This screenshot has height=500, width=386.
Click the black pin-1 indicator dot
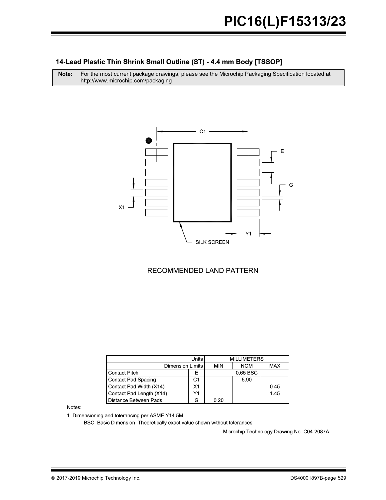click(148, 140)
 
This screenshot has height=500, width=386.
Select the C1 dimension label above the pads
click(203, 132)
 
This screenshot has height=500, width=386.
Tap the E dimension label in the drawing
click(282, 151)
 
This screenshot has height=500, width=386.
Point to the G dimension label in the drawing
click(291, 185)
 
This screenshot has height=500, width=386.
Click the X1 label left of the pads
click(121, 208)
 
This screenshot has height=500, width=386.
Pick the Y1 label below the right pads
click(248, 234)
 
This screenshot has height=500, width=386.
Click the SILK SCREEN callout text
click(212, 242)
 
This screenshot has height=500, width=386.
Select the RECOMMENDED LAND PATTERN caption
click(203, 271)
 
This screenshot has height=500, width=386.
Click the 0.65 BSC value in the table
click(246, 373)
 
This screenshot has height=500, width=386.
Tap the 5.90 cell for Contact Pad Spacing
click(246, 380)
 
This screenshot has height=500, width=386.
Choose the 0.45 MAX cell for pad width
click(275, 386)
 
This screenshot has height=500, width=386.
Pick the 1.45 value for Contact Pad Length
click(275, 393)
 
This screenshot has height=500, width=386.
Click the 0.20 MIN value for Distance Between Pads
click(218, 400)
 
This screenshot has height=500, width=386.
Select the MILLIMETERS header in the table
click(246, 359)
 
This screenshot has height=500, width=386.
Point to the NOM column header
click(246, 366)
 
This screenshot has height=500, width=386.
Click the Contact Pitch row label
click(123, 373)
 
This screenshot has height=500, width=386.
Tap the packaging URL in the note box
click(126, 81)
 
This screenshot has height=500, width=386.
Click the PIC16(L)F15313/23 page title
click(285, 22)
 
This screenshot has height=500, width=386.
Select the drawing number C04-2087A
click(316, 432)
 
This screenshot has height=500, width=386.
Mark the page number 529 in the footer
click(342, 478)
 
